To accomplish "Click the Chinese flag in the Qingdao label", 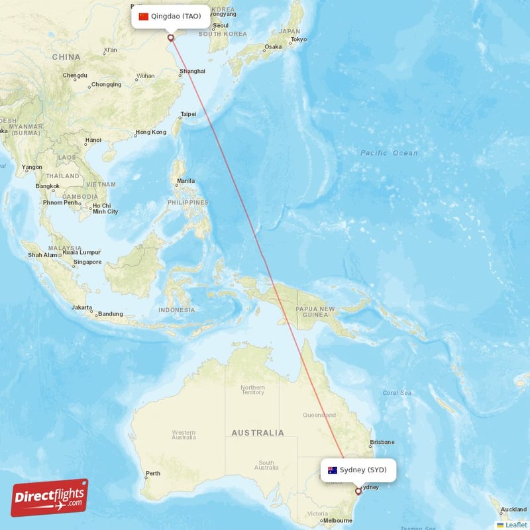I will tap(143, 17).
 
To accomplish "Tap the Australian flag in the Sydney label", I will tap(333, 470).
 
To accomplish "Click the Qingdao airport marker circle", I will tap(171, 38).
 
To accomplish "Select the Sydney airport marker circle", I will tap(358, 491).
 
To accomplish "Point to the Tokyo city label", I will tap(298, 40).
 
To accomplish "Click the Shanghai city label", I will tap(192, 71).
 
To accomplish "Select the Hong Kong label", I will tap(150, 132).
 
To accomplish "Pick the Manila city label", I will tap(185, 181).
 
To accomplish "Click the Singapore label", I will tap(87, 262).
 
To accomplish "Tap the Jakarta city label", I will tap(82, 307).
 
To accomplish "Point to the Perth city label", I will tap(153, 474).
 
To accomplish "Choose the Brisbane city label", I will tap(382, 442).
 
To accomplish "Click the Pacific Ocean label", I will tap(389, 153).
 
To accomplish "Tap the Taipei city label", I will tap(188, 114).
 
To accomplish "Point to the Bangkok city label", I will tap(48, 186).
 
